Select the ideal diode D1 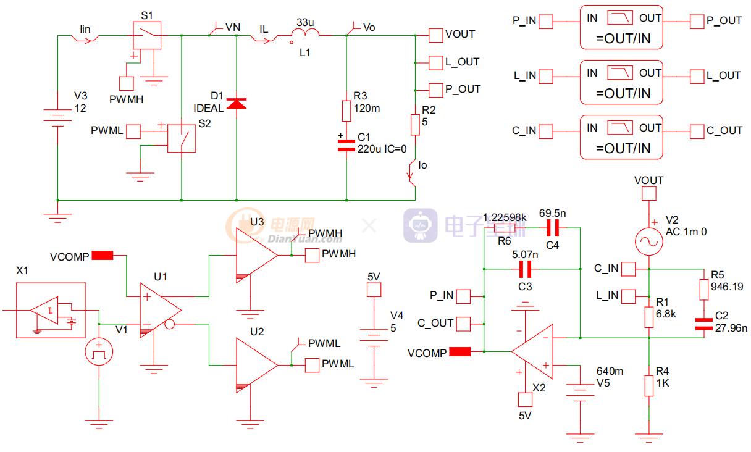(x=237, y=103)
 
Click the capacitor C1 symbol (x=346, y=146)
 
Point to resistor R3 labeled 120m (x=346, y=111)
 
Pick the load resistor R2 (x=415, y=124)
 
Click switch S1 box (x=147, y=35)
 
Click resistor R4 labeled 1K (x=648, y=385)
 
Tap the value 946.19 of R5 (x=728, y=287)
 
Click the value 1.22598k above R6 (x=505, y=217)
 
